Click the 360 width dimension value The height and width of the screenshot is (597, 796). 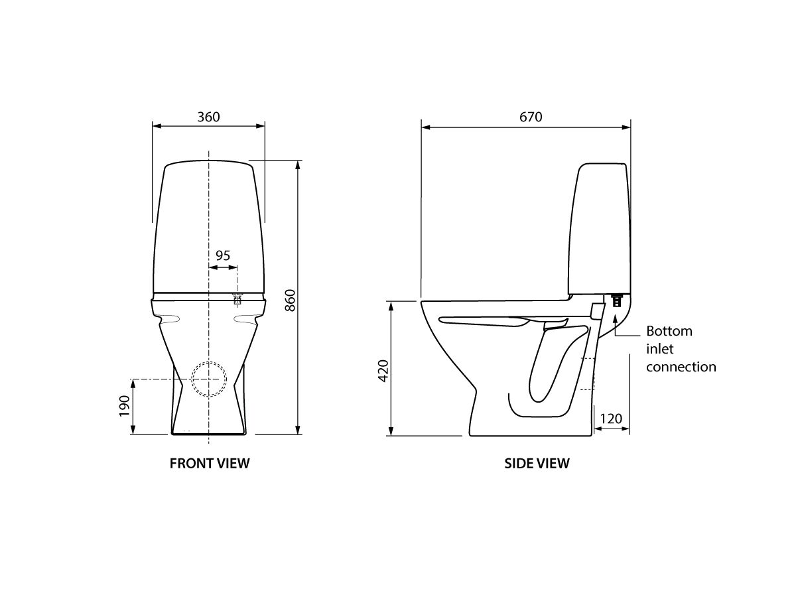pyautogui.click(x=208, y=117)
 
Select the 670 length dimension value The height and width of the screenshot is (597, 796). pyautogui.click(x=531, y=117)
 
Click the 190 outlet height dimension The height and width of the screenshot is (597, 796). pyautogui.click(x=123, y=406)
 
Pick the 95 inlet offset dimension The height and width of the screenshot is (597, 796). pyautogui.click(x=223, y=255)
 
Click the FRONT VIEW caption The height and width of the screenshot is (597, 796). pyautogui.click(x=210, y=464)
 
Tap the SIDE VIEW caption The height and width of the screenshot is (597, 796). pyautogui.click(x=537, y=464)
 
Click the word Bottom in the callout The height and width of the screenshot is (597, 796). pyautogui.click(x=669, y=331)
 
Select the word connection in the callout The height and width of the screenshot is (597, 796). pyautogui.click(x=681, y=367)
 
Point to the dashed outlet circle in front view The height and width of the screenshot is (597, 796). pyautogui.click(x=208, y=379)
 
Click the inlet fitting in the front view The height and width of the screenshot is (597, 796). pyautogui.click(x=236, y=298)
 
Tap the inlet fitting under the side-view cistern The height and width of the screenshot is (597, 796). pyautogui.click(x=617, y=300)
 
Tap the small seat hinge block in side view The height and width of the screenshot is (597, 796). pyautogui.click(x=596, y=311)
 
